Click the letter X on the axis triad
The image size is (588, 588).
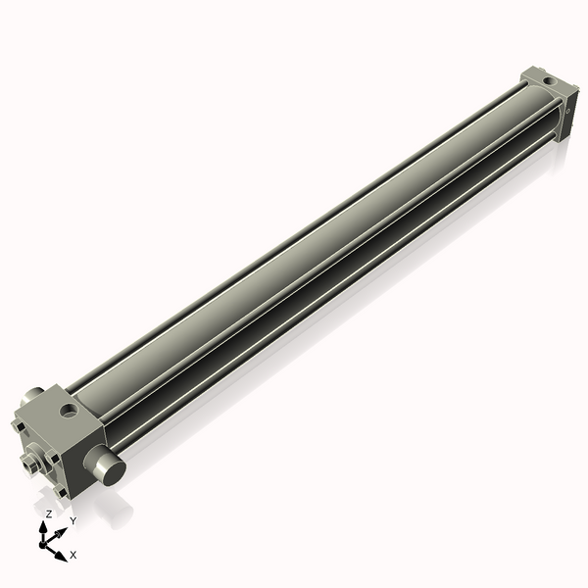pyautogui.click(x=73, y=555)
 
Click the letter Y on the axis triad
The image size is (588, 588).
pyautogui.click(x=73, y=520)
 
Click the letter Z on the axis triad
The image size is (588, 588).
pyautogui.click(x=49, y=514)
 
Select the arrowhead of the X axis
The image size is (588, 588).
pyautogui.click(x=62, y=552)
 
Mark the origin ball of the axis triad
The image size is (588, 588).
pyautogui.click(x=45, y=542)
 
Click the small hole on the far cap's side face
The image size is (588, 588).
pyautogui.click(x=566, y=114)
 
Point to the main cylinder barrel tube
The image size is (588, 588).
pyautogui.click(x=314, y=245)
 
